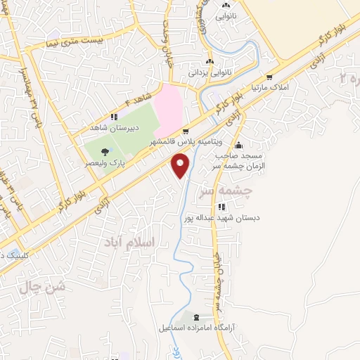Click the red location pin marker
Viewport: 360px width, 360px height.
click(x=181, y=166)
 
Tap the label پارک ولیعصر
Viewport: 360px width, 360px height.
click(x=105, y=162)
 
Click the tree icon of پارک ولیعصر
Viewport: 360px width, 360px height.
click(x=105, y=151)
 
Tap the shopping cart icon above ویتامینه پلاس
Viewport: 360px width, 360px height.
click(x=186, y=131)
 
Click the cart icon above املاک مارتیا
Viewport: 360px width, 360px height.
click(x=270, y=77)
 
